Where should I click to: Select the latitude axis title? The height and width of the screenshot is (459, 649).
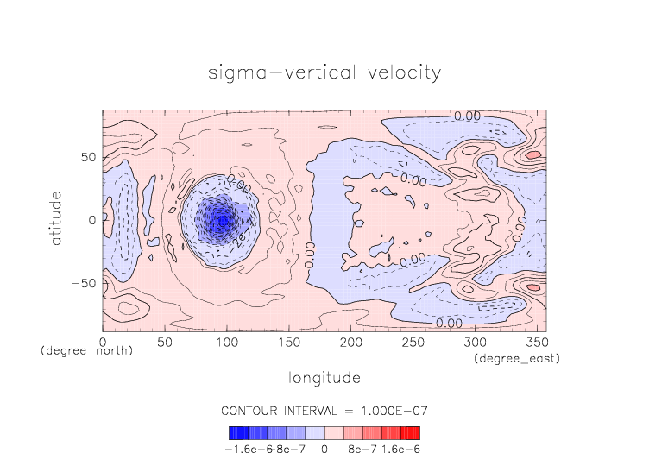pyautogui.click(x=56, y=220)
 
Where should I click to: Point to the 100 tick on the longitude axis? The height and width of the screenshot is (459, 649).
pyautogui.click(x=226, y=343)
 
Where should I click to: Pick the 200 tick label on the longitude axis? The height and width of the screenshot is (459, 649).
pyautogui.click(x=350, y=343)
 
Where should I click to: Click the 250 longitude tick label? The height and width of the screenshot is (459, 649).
pyautogui.click(x=412, y=343)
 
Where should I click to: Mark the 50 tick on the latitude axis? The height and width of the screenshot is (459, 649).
pyautogui.click(x=88, y=157)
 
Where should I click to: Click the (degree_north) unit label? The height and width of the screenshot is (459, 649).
pyautogui.click(x=86, y=352)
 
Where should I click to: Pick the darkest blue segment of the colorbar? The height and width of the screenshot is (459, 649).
pyautogui.click(x=233, y=433)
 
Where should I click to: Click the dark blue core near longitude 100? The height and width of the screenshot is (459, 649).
pyautogui.click(x=222, y=219)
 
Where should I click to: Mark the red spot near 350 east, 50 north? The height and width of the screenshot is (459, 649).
pyautogui.click(x=533, y=154)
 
